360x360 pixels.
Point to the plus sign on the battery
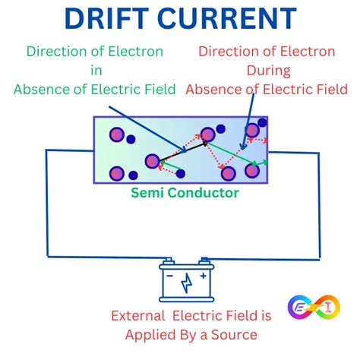pos(201,276)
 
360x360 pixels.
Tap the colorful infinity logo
pos(309,308)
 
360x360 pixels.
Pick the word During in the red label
pos(266,71)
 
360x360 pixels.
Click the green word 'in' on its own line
pos(94,71)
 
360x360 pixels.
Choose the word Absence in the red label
pos(213,89)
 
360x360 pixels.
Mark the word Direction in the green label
pos(56,52)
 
